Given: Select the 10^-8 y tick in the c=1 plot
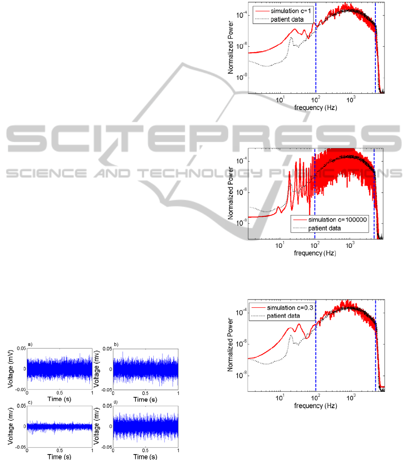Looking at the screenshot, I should pos(241,77).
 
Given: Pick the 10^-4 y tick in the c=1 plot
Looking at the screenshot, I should pos(241,15).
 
